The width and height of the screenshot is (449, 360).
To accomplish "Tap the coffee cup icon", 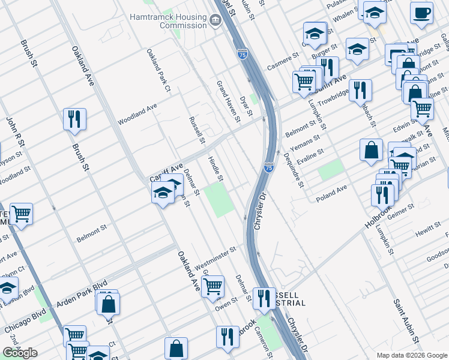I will pos(422,13).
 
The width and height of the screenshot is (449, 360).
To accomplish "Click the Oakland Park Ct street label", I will pos(159,70).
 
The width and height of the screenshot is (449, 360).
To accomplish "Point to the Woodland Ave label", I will pos(137,113).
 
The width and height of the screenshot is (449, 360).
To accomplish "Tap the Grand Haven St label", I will pos(228,101).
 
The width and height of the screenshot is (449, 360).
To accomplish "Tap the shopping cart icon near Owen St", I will pos(212,287).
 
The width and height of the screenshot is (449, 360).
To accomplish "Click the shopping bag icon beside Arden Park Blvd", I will pos(109,304).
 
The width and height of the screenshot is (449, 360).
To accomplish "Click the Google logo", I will pos(20,353).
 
